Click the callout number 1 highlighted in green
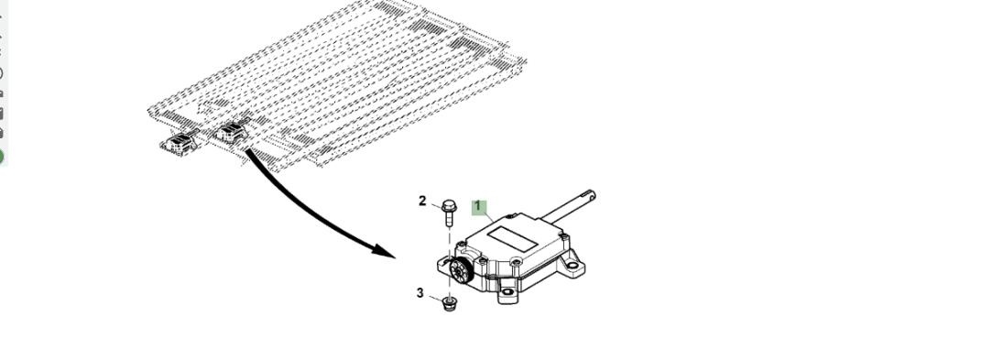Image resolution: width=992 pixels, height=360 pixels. click(478, 206)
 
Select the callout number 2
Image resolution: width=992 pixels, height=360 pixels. click(422, 202)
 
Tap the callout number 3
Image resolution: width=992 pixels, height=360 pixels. click(420, 293)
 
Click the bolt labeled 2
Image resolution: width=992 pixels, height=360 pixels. click(449, 213)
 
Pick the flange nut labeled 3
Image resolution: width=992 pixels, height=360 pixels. click(450, 304)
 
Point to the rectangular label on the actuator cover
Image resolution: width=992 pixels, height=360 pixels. click(512, 238)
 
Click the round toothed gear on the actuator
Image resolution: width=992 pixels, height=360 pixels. click(461, 271)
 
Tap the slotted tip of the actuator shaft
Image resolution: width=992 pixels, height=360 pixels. click(588, 195)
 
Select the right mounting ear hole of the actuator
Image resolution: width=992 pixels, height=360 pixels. click(572, 265)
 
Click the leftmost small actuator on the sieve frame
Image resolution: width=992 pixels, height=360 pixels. click(180, 144)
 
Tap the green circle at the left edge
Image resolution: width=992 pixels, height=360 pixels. click(1, 157)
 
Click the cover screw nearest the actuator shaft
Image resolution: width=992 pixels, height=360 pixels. click(565, 238)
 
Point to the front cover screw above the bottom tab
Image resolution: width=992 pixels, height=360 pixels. click(517, 261)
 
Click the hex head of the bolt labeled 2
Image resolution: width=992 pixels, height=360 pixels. click(449, 205)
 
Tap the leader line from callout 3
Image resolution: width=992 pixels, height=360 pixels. click(436, 298)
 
